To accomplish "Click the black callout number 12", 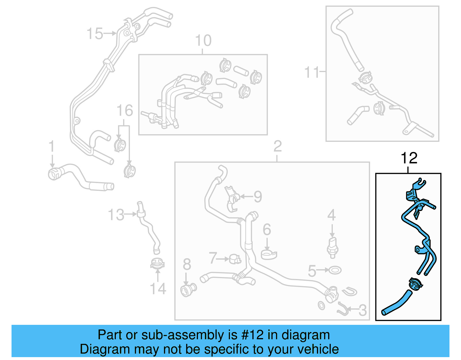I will tap(409, 158).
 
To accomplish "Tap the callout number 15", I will tap(95, 34).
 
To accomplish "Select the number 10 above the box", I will tap(203, 41).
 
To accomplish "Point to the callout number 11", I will tap(312, 72).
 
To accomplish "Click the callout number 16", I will tap(124, 111).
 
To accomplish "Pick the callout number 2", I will tap(277, 146).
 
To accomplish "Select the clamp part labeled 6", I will tap(269, 255).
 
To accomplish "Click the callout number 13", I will tap(116, 215).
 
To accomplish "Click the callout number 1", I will tap(52, 146).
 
